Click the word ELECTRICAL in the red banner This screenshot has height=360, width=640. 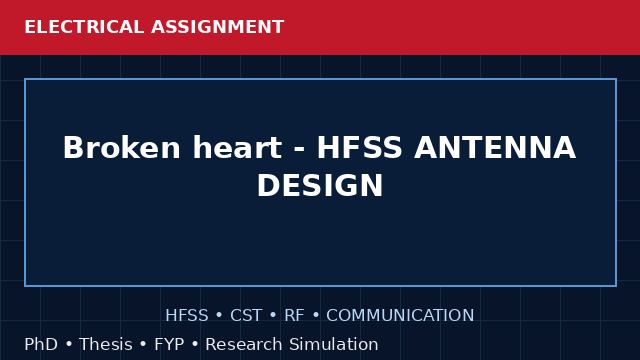[84, 27]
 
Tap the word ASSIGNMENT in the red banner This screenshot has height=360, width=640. [218, 27]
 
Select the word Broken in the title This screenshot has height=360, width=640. [122, 147]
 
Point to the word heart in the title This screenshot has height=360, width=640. [237, 147]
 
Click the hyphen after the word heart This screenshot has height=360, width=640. [299, 149]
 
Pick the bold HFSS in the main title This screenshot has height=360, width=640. [360, 147]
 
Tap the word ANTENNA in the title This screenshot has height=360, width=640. [495, 147]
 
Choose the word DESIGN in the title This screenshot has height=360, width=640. [320, 185]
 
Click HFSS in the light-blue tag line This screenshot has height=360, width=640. [187, 315]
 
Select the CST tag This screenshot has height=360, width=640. [246, 315]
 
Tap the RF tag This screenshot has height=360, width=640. [294, 315]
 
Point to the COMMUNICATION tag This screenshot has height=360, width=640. [400, 315]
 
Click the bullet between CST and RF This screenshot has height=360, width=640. [273, 316]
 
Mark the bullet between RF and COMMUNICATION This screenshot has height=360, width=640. [316, 316]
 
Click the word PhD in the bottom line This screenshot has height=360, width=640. [41, 344]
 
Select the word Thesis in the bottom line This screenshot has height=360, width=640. [106, 344]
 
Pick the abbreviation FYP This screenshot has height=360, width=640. [169, 344]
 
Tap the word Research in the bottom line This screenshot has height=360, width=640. [244, 344]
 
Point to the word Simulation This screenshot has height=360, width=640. [334, 344]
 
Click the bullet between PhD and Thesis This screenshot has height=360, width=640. [69, 344]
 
